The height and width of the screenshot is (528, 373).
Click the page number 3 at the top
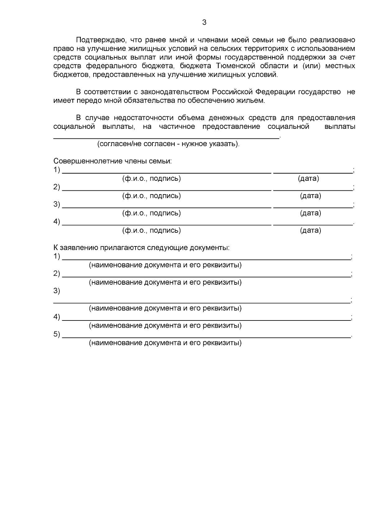tap(204, 22)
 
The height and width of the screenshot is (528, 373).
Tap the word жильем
tap(253, 100)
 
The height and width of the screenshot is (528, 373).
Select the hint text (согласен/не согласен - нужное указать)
tap(168, 144)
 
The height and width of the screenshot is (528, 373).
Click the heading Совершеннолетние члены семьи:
tap(113, 161)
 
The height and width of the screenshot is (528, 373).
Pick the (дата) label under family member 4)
tap(310, 230)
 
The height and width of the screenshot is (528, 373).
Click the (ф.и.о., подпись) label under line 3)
tap(151, 213)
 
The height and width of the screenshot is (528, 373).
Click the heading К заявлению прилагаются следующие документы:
tap(141, 248)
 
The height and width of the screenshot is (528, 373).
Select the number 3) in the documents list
tap(57, 291)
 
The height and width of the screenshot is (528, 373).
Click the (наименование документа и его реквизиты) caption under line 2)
tap(165, 282)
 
